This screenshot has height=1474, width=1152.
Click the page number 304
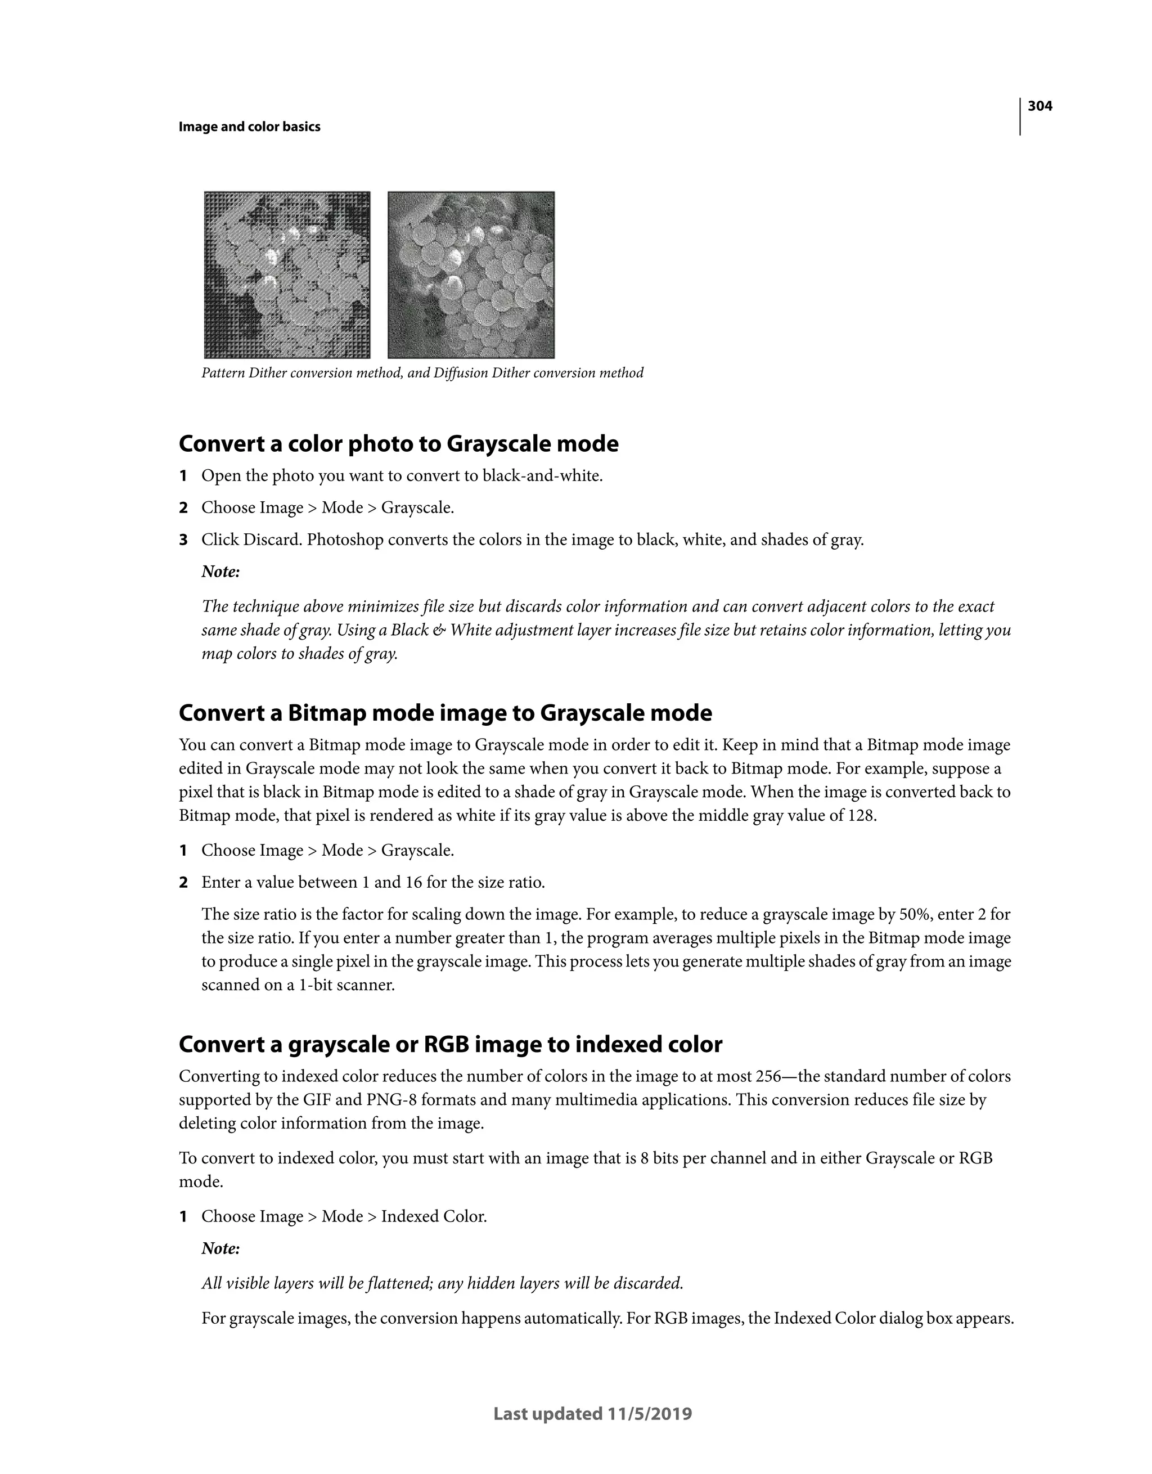pos(1039,106)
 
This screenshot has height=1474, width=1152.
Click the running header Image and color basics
pos(249,127)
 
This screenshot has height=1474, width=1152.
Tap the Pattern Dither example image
pos(287,275)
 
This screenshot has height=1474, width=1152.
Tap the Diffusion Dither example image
pos(471,275)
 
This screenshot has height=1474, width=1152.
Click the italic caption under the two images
pos(422,373)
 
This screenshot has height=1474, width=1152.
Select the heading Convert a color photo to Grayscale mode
pos(398,444)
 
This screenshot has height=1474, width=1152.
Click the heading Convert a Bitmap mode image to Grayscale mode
pos(445,713)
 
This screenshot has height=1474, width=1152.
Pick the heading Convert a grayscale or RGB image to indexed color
pos(450,1044)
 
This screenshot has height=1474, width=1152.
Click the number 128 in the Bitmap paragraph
pos(861,816)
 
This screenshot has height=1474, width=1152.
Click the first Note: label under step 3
pos(220,572)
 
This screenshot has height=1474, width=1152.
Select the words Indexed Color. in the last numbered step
pos(433,1217)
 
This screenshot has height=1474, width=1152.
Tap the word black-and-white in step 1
pos(542,477)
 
